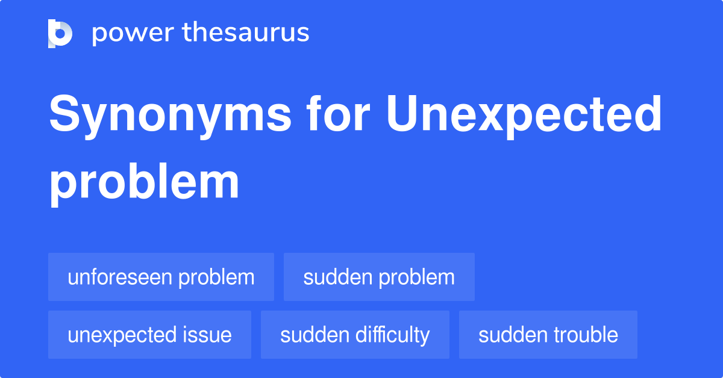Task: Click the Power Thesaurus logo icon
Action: tap(60, 33)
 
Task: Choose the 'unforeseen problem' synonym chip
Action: tap(161, 277)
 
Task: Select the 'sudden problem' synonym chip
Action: tap(379, 277)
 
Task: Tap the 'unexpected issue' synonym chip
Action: tap(149, 335)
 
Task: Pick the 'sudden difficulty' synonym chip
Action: tap(355, 335)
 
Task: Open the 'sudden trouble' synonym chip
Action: tap(548, 335)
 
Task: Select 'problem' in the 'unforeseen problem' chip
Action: tap(217, 277)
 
